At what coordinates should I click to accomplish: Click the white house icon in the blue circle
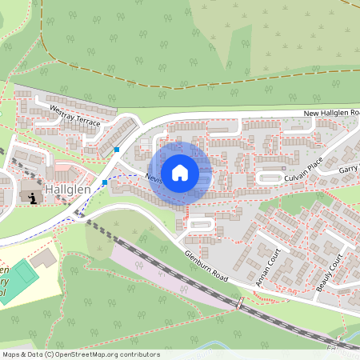tap(180, 172)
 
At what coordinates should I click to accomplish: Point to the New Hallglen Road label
tap(330, 114)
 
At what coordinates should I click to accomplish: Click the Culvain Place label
tap(302, 167)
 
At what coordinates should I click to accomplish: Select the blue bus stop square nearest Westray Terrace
tap(117, 149)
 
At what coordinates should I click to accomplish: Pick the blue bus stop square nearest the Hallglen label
tap(105, 182)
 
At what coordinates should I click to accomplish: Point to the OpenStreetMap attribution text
tap(81, 354)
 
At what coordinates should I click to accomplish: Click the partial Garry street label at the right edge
tap(349, 169)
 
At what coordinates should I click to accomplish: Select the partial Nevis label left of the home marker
tap(154, 179)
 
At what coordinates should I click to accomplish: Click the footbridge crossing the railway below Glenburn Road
tap(239, 304)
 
